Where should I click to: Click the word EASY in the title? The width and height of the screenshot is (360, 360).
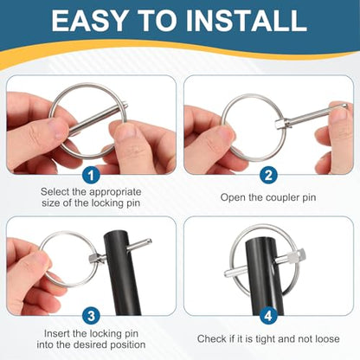click(x=89, y=21)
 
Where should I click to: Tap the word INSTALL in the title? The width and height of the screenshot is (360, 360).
click(x=247, y=21)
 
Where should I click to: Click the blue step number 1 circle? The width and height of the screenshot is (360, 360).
click(x=91, y=176)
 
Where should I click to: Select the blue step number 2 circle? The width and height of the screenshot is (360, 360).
click(x=268, y=175)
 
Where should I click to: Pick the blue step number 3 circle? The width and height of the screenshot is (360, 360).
click(x=91, y=316)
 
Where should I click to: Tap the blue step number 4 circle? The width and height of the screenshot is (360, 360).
click(x=268, y=316)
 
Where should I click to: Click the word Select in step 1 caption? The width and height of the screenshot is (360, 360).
click(x=54, y=192)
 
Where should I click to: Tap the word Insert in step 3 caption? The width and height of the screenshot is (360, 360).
click(x=57, y=334)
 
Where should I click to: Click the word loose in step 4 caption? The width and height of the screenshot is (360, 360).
click(x=327, y=338)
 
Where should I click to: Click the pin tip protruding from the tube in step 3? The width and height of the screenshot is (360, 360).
click(x=148, y=241)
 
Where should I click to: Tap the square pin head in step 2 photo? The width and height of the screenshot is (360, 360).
click(x=280, y=124)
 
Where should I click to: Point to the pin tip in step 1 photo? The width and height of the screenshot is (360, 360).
click(x=125, y=106)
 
